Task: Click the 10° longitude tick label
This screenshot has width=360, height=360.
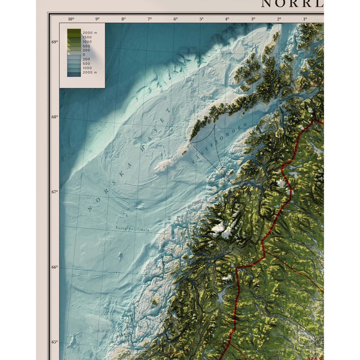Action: (71, 19)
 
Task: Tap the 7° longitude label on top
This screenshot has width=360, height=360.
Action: (149, 19)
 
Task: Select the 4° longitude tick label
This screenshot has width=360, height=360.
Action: (227, 19)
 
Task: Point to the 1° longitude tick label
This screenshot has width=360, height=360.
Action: (305, 19)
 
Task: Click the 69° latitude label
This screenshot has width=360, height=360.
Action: (55, 42)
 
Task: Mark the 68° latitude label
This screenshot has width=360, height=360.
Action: (55, 117)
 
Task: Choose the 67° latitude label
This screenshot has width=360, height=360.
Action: (55, 192)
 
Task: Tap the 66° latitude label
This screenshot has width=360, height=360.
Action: (55, 267)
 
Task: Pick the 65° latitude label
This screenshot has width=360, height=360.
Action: (55, 342)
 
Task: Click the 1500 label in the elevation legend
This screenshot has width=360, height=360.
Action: (87, 37)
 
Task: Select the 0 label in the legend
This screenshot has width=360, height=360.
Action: (84, 55)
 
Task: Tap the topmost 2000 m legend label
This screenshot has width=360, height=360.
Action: (90, 33)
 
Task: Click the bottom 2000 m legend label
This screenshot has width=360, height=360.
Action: (90, 72)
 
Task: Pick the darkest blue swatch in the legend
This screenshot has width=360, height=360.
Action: (74, 74)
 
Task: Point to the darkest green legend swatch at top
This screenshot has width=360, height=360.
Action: (74, 31)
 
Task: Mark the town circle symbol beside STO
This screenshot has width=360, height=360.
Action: (313, 340)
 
